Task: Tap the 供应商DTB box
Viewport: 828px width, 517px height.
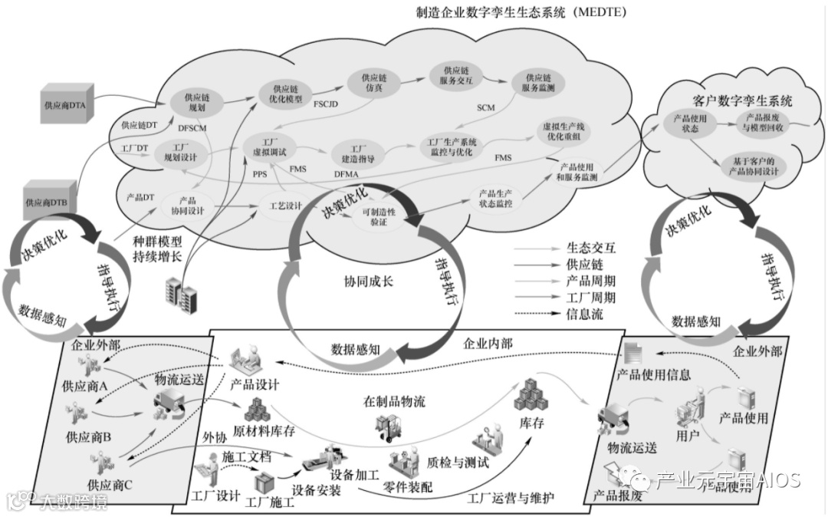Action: (50, 202)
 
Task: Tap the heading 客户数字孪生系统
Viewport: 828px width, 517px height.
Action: (731, 100)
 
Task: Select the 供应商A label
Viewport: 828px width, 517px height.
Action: (85, 386)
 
